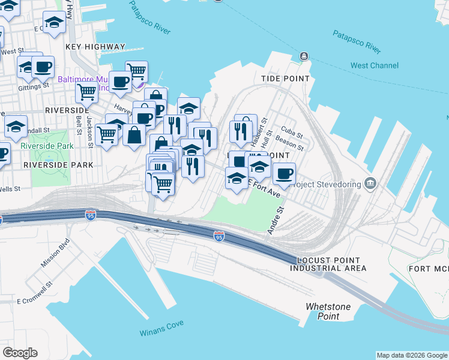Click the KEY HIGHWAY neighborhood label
click(95, 46)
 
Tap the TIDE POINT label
click(285, 79)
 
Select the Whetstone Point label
click(328, 311)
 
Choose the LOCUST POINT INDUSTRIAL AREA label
click(328, 264)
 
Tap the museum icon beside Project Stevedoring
click(371, 182)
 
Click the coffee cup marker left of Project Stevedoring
click(284, 174)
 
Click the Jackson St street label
click(89, 131)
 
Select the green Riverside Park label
click(47, 146)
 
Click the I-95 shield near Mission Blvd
click(91, 214)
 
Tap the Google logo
click(20, 352)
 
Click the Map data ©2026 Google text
click(411, 355)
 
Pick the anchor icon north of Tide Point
click(304, 57)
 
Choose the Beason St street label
click(290, 145)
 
